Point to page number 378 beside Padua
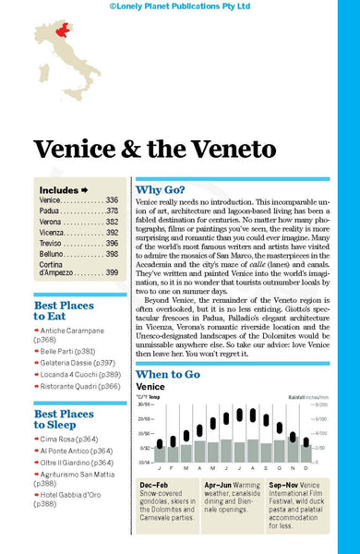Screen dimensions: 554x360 tap(112, 211)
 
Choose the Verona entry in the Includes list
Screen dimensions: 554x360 tap(52, 223)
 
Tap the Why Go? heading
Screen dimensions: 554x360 tap(168, 187)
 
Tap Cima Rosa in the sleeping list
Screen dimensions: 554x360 tap(69, 439)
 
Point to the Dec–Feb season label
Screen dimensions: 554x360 tap(155, 484)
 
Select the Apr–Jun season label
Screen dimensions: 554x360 tap(221, 484)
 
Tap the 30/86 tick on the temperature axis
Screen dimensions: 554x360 tap(145, 404)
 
